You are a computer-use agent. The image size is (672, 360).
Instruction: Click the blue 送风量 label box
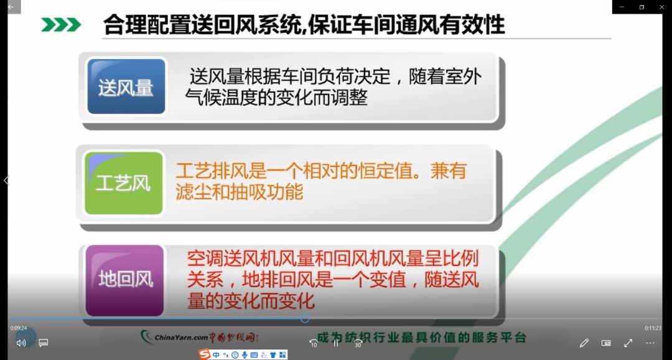point(126,87)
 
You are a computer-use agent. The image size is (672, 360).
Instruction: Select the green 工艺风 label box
point(124,183)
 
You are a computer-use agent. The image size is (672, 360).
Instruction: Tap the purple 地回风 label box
point(125,279)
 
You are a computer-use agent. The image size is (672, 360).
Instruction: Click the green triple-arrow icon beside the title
point(61,25)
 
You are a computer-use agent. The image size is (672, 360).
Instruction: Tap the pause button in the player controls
point(336,343)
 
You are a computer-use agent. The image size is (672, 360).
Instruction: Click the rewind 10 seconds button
point(314,343)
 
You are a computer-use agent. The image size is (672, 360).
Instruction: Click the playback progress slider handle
point(305,319)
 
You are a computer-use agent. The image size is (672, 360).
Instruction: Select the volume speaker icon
point(21,343)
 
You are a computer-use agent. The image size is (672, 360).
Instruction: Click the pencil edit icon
point(584,343)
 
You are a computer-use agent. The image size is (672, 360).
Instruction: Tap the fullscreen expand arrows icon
point(628,343)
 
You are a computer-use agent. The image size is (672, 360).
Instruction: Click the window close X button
point(661,7)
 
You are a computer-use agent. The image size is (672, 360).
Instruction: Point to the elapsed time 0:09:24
point(19,328)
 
